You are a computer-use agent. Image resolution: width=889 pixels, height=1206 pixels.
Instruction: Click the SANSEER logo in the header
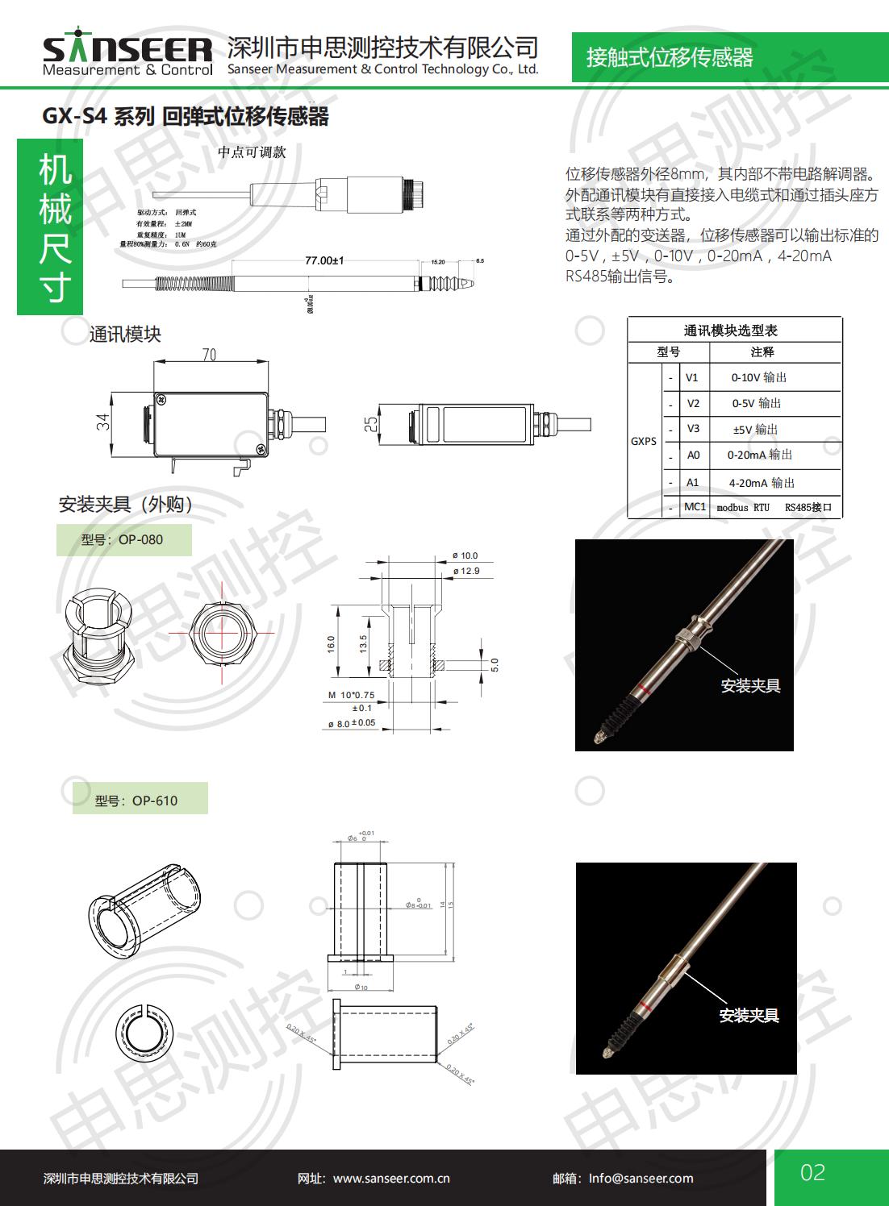click(x=127, y=54)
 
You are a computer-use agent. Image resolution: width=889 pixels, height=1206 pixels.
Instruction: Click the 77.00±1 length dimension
click(x=324, y=260)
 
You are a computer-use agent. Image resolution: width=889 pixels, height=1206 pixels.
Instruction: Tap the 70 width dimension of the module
click(x=209, y=355)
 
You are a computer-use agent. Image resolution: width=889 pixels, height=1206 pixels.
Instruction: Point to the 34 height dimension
click(x=103, y=422)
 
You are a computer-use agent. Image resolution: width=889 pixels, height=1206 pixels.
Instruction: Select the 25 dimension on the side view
click(x=370, y=424)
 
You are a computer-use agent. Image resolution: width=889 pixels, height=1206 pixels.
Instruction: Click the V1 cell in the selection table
click(x=692, y=377)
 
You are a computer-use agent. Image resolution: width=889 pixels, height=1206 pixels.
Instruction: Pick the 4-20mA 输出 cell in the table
click(x=762, y=483)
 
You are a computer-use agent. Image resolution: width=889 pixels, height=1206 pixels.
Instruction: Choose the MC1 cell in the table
click(x=695, y=507)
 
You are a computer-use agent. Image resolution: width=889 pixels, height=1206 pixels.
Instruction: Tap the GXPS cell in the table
click(x=644, y=441)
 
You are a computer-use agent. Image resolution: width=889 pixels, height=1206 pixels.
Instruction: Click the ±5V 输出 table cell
click(x=755, y=429)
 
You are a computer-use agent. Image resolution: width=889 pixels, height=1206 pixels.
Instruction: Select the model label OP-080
click(x=123, y=540)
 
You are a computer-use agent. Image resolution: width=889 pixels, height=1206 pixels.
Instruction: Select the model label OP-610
click(x=136, y=801)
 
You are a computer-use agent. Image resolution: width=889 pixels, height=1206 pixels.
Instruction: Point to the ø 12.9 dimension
click(x=465, y=571)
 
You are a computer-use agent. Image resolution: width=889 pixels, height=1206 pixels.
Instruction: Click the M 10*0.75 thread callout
click(x=351, y=695)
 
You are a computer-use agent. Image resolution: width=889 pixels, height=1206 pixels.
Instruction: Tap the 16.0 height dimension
click(x=331, y=644)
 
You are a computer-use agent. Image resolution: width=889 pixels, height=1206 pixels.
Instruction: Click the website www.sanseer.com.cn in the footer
click(x=391, y=1179)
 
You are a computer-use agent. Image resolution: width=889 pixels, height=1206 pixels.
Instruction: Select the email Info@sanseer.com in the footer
click(x=641, y=1179)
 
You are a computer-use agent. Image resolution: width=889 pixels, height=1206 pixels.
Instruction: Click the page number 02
click(x=812, y=1172)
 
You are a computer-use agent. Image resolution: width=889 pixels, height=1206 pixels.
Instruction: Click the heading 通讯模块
click(x=125, y=335)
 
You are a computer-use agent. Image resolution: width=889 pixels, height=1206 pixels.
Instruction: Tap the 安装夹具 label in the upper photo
click(x=750, y=686)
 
